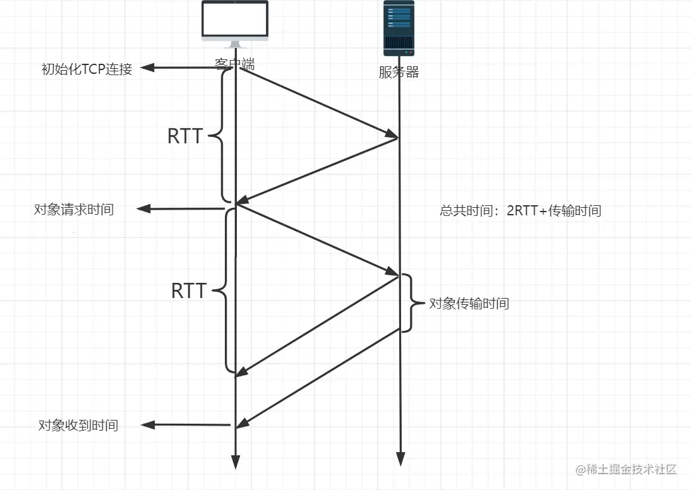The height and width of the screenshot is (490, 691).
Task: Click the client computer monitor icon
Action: [x=235, y=23]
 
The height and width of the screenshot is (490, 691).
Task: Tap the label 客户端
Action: [x=234, y=64]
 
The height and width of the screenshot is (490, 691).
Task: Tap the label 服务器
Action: [x=399, y=72]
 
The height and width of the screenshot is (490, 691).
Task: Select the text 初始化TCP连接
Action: [x=87, y=69]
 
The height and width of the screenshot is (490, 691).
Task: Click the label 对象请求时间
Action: [x=74, y=210]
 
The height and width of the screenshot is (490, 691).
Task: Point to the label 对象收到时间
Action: [x=78, y=425]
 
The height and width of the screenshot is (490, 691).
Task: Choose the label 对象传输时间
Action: [x=469, y=304]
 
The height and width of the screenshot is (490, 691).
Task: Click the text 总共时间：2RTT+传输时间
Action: [x=520, y=211]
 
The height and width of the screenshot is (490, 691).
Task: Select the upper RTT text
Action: [x=184, y=136]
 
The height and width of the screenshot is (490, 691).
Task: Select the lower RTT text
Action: [x=188, y=291]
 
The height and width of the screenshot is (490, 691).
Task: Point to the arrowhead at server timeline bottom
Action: [x=399, y=459]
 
